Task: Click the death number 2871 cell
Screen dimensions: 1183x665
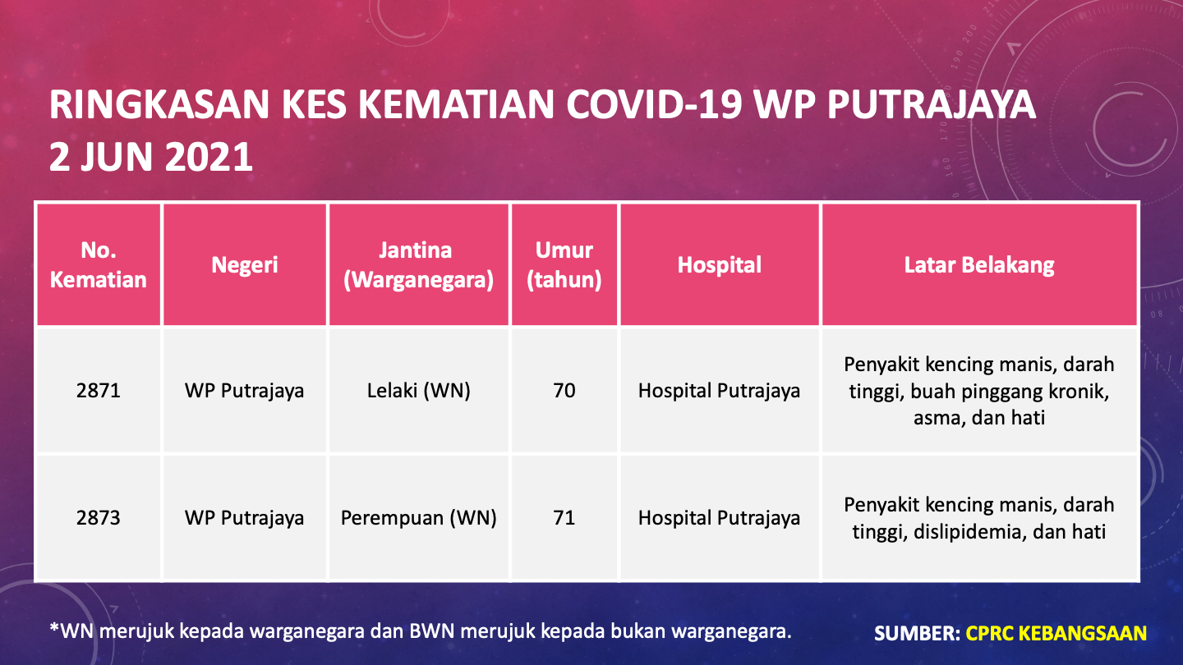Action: tap(99, 391)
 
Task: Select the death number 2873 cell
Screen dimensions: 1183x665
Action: tap(99, 518)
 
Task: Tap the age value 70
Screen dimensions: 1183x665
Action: tap(564, 391)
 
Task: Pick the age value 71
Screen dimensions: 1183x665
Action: tap(564, 518)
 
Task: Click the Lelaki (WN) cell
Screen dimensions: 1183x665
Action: tap(419, 391)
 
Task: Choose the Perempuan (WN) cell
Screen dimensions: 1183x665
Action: tap(419, 518)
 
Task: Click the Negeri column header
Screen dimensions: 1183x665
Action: tap(245, 265)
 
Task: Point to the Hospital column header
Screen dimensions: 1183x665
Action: tap(720, 265)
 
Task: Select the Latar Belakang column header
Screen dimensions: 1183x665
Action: tap(979, 265)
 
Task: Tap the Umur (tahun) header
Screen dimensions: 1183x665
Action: tap(564, 265)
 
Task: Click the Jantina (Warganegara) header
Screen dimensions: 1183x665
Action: tap(419, 265)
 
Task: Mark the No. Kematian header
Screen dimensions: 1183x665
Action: tap(99, 265)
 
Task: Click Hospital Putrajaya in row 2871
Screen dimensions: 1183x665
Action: tap(720, 391)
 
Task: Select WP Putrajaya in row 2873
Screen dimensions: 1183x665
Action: tap(245, 518)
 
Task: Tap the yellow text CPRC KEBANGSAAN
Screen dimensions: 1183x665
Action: tap(1056, 633)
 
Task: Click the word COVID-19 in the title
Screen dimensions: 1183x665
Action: tap(654, 104)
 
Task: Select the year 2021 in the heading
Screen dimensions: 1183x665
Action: tap(209, 157)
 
